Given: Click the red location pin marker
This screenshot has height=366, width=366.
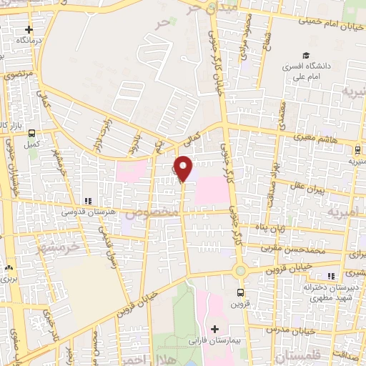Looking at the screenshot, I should click(x=183, y=168).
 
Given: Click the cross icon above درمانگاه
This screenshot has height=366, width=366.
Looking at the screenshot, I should click(x=29, y=30).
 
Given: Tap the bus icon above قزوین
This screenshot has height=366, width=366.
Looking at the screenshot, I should click(x=240, y=292).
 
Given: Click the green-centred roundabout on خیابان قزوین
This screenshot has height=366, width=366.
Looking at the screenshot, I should click(x=239, y=271).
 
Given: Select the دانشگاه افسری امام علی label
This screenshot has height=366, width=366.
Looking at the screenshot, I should click(x=309, y=70).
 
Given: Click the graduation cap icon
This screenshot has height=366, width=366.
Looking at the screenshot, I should click(x=306, y=56).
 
